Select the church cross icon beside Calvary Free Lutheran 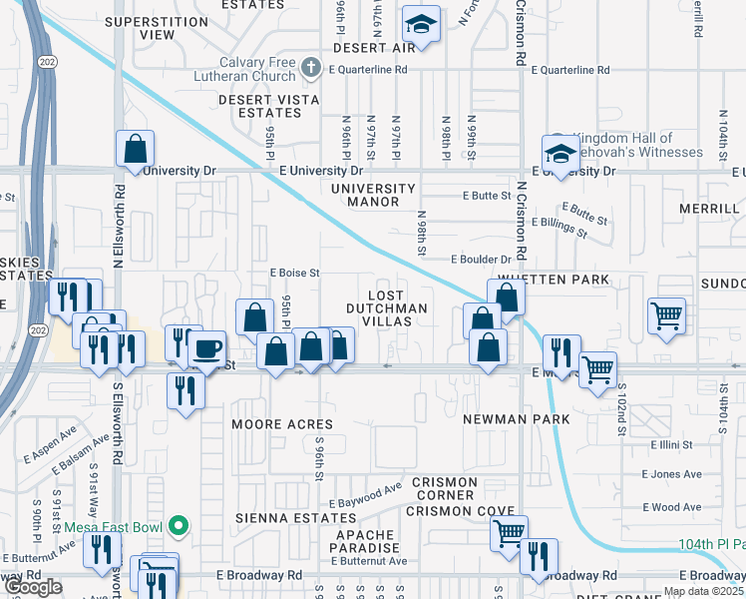click(x=311, y=68)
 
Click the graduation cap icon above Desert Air click(x=421, y=25)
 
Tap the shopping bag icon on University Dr click(x=135, y=149)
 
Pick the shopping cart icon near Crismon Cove click(x=510, y=532)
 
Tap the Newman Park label click(x=508, y=420)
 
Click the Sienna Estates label click(x=281, y=519)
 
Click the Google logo click(x=33, y=587)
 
